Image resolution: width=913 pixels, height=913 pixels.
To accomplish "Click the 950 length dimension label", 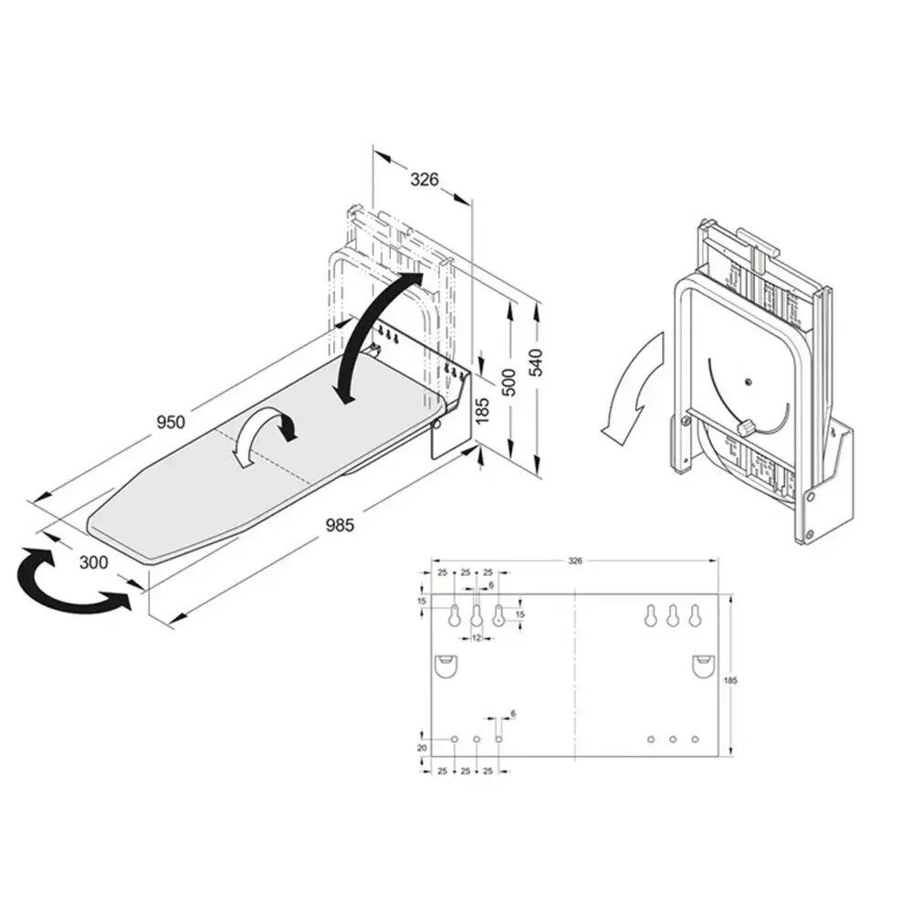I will point(171,421).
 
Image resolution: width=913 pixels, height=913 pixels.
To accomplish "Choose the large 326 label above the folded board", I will point(423,179).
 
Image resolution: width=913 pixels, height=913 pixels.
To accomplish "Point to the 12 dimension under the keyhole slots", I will point(477,637).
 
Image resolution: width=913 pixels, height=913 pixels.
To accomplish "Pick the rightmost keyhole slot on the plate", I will point(695,615).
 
